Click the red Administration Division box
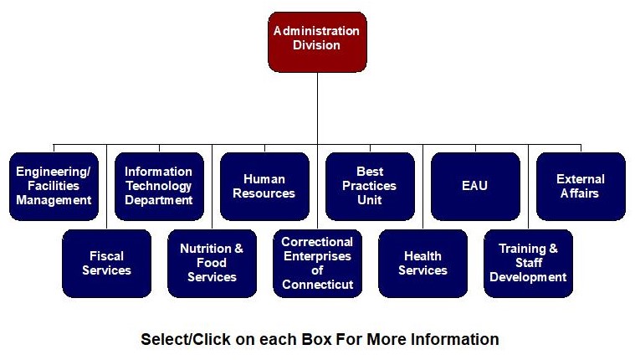(x=317, y=41)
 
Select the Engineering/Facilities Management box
(x=54, y=186)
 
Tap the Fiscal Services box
(x=106, y=263)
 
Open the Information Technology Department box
(x=159, y=186)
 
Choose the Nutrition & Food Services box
(x=212, y=263)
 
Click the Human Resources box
(x=264, y=186)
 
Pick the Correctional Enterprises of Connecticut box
(x=317, y=263)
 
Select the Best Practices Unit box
(x=370, y=186)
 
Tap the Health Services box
(x=422, y=263)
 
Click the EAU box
(x=475, y=186)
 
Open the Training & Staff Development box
(x=528, y=263)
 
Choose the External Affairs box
(x=581, y=186)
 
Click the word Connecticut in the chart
(x=317, y=285)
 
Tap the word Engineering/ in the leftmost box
(x=54, y=172)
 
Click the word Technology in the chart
(x=159, y=186)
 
